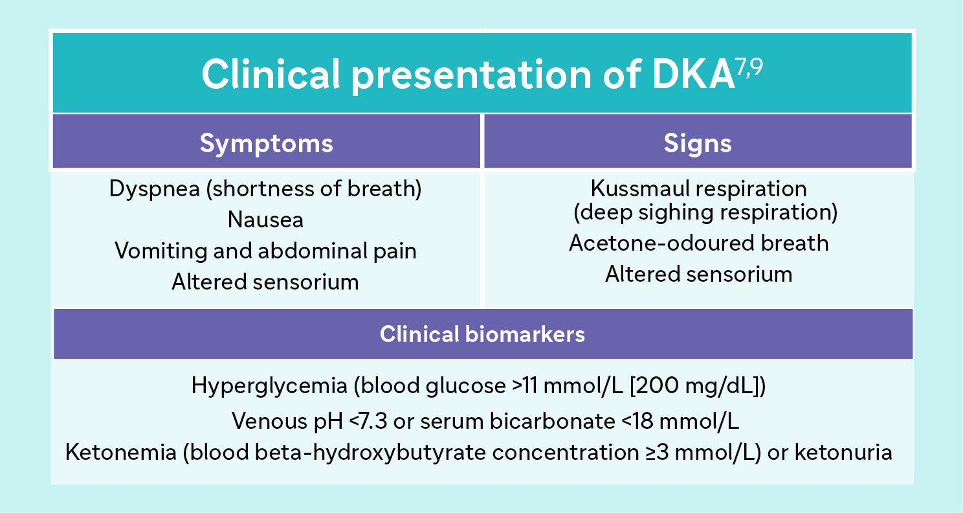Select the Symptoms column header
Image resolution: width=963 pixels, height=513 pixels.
point(266,143)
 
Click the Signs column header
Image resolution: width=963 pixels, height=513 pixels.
point(698,143)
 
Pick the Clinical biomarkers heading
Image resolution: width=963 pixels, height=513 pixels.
point(482,334)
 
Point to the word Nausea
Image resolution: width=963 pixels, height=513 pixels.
point(265,220)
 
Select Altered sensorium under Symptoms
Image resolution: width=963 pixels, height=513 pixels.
point(265,282)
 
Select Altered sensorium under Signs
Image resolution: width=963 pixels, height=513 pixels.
point(698,274)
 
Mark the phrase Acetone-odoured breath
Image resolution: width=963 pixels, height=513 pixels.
point(698,243)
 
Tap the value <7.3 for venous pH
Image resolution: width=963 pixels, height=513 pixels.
point(367,422)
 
